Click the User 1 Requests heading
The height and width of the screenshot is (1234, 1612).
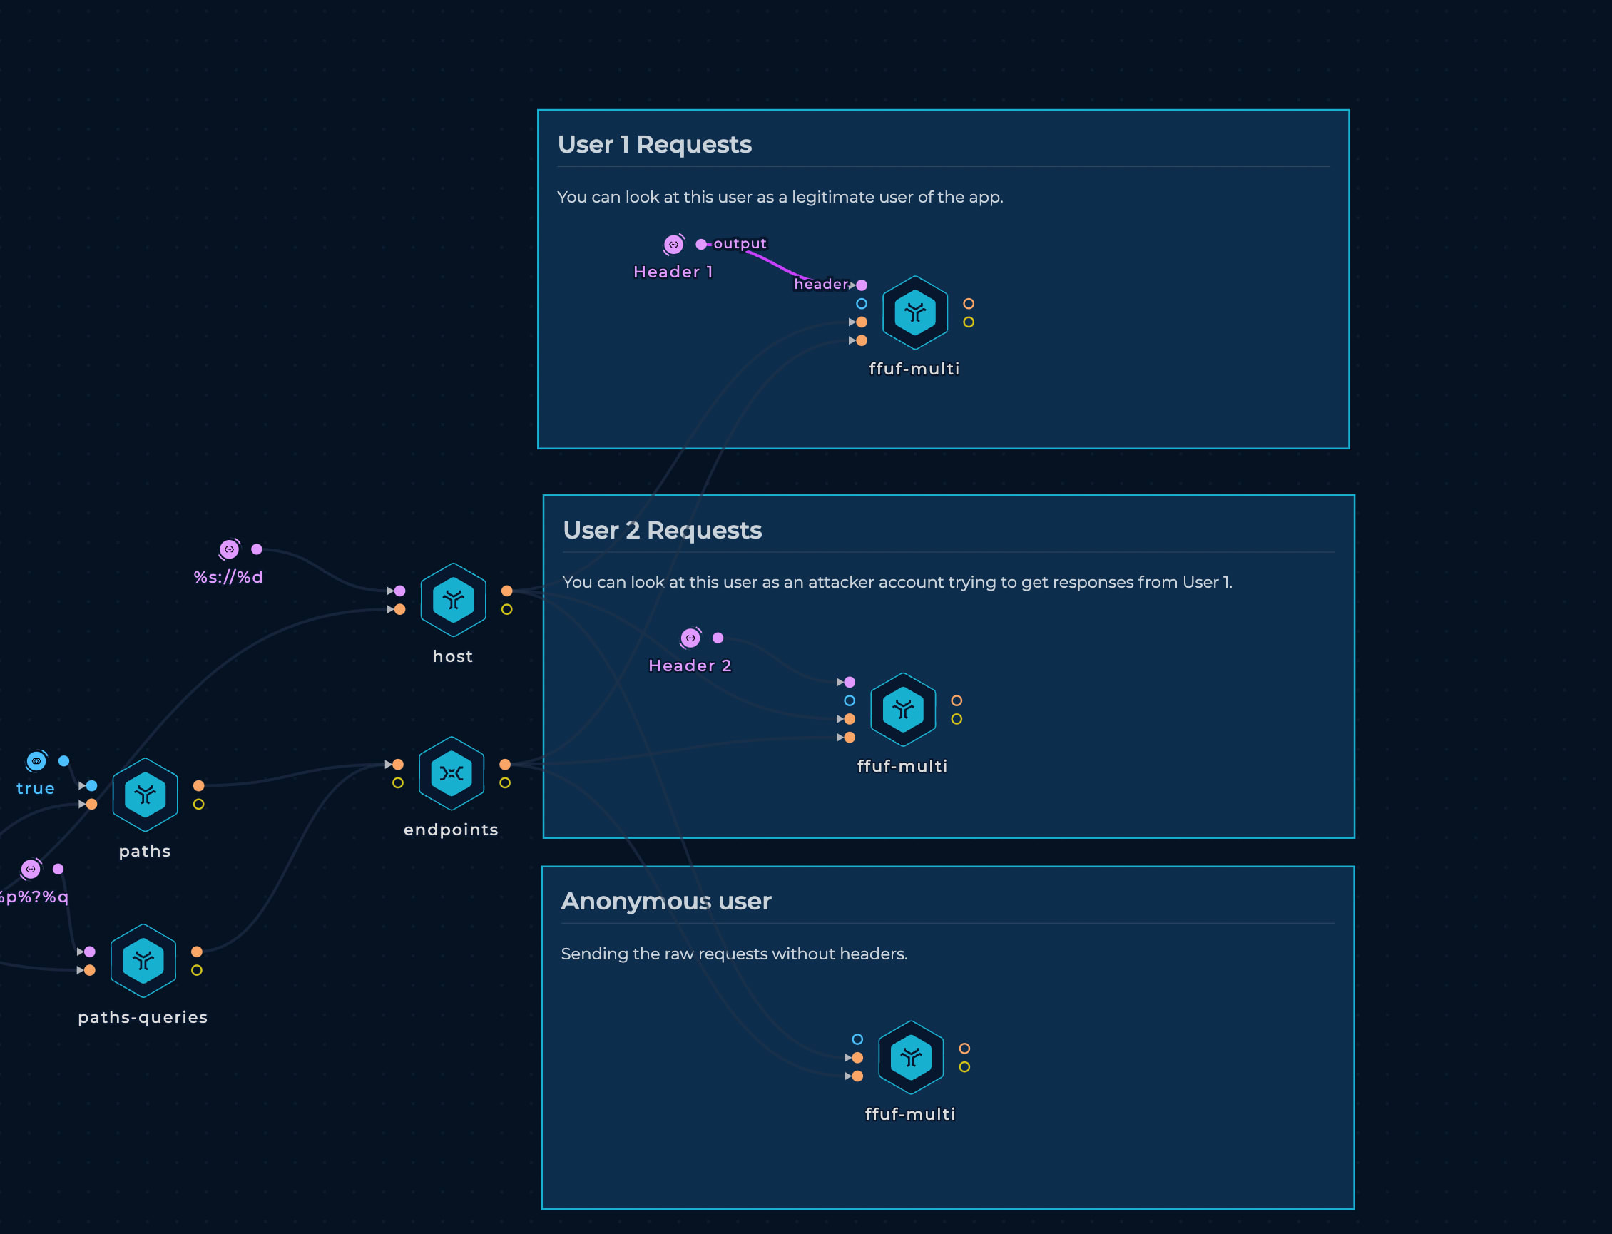pyautogui.click(x=654, y=144)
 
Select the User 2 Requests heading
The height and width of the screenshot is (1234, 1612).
pyautogui.click(x=663, y=530)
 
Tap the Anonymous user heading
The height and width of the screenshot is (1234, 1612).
pyautogui.click(x=666, y=902)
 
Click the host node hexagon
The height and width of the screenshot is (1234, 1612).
pyautogui.click(x=453, y=600)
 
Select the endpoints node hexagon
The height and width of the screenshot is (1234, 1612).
pyautogui.click(x=452, y=773)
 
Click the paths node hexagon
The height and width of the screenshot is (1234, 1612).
pyautogui.click(x=146, y=795)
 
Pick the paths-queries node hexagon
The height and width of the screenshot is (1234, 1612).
pyautogui.click(x=143, y=961)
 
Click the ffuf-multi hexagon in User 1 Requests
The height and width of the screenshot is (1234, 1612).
pyautogui.click(x=915, y=313)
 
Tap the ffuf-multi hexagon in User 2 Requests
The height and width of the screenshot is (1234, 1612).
pyautogui.click(x=903, y=710)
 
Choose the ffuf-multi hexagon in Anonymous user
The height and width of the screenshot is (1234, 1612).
pyautogui.click(x=912, y=1058)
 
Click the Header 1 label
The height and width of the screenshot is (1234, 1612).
pyautogui.click(x=673, y=272)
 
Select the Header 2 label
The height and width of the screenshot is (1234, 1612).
pyautogui.click(x=690, y=666)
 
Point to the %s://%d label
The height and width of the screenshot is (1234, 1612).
pyautogui.click(x=228, y=577)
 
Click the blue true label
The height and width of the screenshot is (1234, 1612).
pyautogui.click(x=35, y=789)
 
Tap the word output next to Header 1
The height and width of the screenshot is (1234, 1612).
pyautogui.click(x=740, y=244)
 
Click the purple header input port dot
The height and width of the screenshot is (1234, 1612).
pyautogui.click(x=862, y=285)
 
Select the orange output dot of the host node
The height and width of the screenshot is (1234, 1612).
pyautogui.click(x=506, y=591)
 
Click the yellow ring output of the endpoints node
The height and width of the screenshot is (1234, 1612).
pyautogui.click(x=505, y=783)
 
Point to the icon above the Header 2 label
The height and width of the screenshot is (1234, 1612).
pyautogui.click(x=690, y=638)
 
